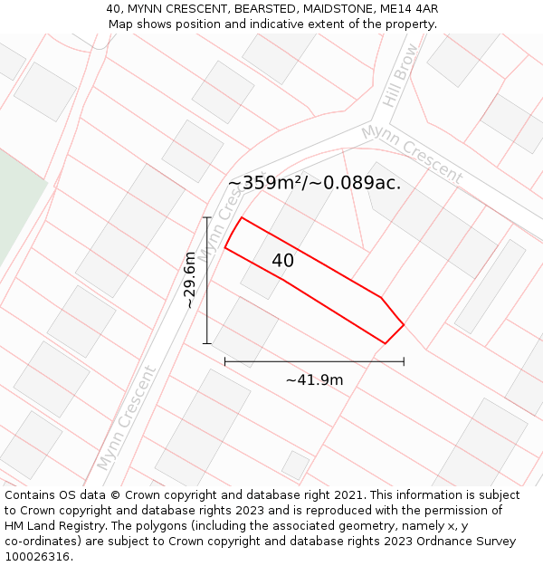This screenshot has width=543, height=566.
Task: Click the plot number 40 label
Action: [282, 261]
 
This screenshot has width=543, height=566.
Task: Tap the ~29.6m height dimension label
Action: [189, 280]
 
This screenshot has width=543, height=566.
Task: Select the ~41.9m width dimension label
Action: [314, 380]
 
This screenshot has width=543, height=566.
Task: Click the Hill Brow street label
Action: [401, 74]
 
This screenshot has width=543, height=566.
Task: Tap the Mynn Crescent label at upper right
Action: [412, 154]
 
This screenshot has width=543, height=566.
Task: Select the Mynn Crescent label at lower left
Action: [126, 417]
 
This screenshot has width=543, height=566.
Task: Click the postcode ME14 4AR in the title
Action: [410, 9]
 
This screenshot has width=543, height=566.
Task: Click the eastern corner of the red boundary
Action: [404, 324]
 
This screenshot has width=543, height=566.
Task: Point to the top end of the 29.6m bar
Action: [207, 217]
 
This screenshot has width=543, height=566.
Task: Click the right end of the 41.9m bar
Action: [404, 361]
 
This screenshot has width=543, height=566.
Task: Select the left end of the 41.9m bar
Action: [224, 361]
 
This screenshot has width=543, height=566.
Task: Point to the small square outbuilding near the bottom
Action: [294, 465]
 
